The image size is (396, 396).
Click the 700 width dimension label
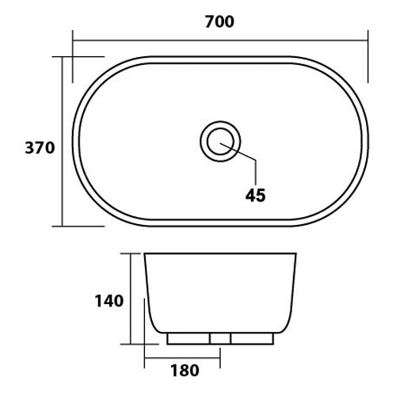tap(219, 21)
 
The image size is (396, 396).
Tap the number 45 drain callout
tap(256, 194)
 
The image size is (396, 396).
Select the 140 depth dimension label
tap(109, 301)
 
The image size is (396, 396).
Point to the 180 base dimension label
tap(183, 369)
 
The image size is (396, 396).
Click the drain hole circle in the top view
tap(219, 141)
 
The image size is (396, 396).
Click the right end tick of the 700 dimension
tap(367, 55)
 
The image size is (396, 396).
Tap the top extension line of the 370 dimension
tap(83, 57)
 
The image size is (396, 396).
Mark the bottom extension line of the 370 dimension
tap(83, 226)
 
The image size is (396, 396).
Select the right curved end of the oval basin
tap(364, 141)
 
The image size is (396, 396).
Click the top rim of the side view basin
tap(220, 255)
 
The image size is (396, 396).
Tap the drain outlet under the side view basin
tap(220, 339)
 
